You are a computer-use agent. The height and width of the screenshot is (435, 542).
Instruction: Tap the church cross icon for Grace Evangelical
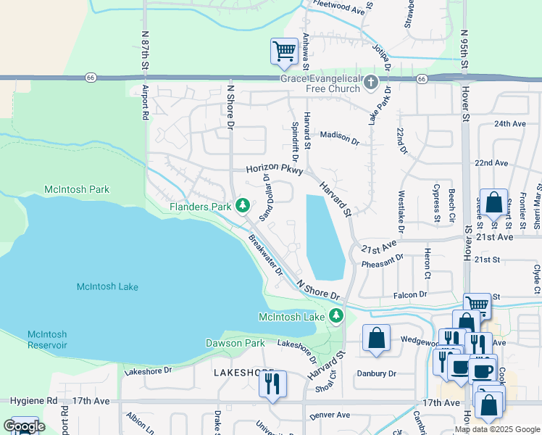pyautogui.click(x=371, y=81)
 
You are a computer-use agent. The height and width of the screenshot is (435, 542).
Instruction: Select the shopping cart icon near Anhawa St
pyautogui.click(x=284, y=51)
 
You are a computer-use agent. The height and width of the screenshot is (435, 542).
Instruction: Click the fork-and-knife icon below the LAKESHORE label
pyautogui.click(x=272, y=384)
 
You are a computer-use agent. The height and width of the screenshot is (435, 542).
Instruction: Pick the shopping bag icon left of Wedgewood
pyautogui.click(x=376, y=338)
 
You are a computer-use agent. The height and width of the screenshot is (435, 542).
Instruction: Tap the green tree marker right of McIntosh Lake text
pyautogui.click(x=335, y=316)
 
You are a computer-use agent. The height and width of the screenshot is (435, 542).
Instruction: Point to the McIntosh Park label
pyautogui.click(x=76, y=189)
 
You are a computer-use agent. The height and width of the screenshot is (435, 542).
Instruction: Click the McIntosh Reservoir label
pyautogui.click(x=47, y=339)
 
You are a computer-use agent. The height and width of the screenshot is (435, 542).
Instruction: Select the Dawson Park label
pyautogui.click(x=235, y=342)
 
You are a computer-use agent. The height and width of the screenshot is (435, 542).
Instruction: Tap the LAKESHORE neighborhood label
pyautogui.click(x=243, y=372)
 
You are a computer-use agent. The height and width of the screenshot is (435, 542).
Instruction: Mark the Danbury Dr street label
pyautogui.click(x=377, y=373)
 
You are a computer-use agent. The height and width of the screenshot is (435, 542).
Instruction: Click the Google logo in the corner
pyautogui.click(x=24, y=426)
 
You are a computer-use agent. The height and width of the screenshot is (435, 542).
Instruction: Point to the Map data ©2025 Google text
pyautogui.click(x=496, y=429)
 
